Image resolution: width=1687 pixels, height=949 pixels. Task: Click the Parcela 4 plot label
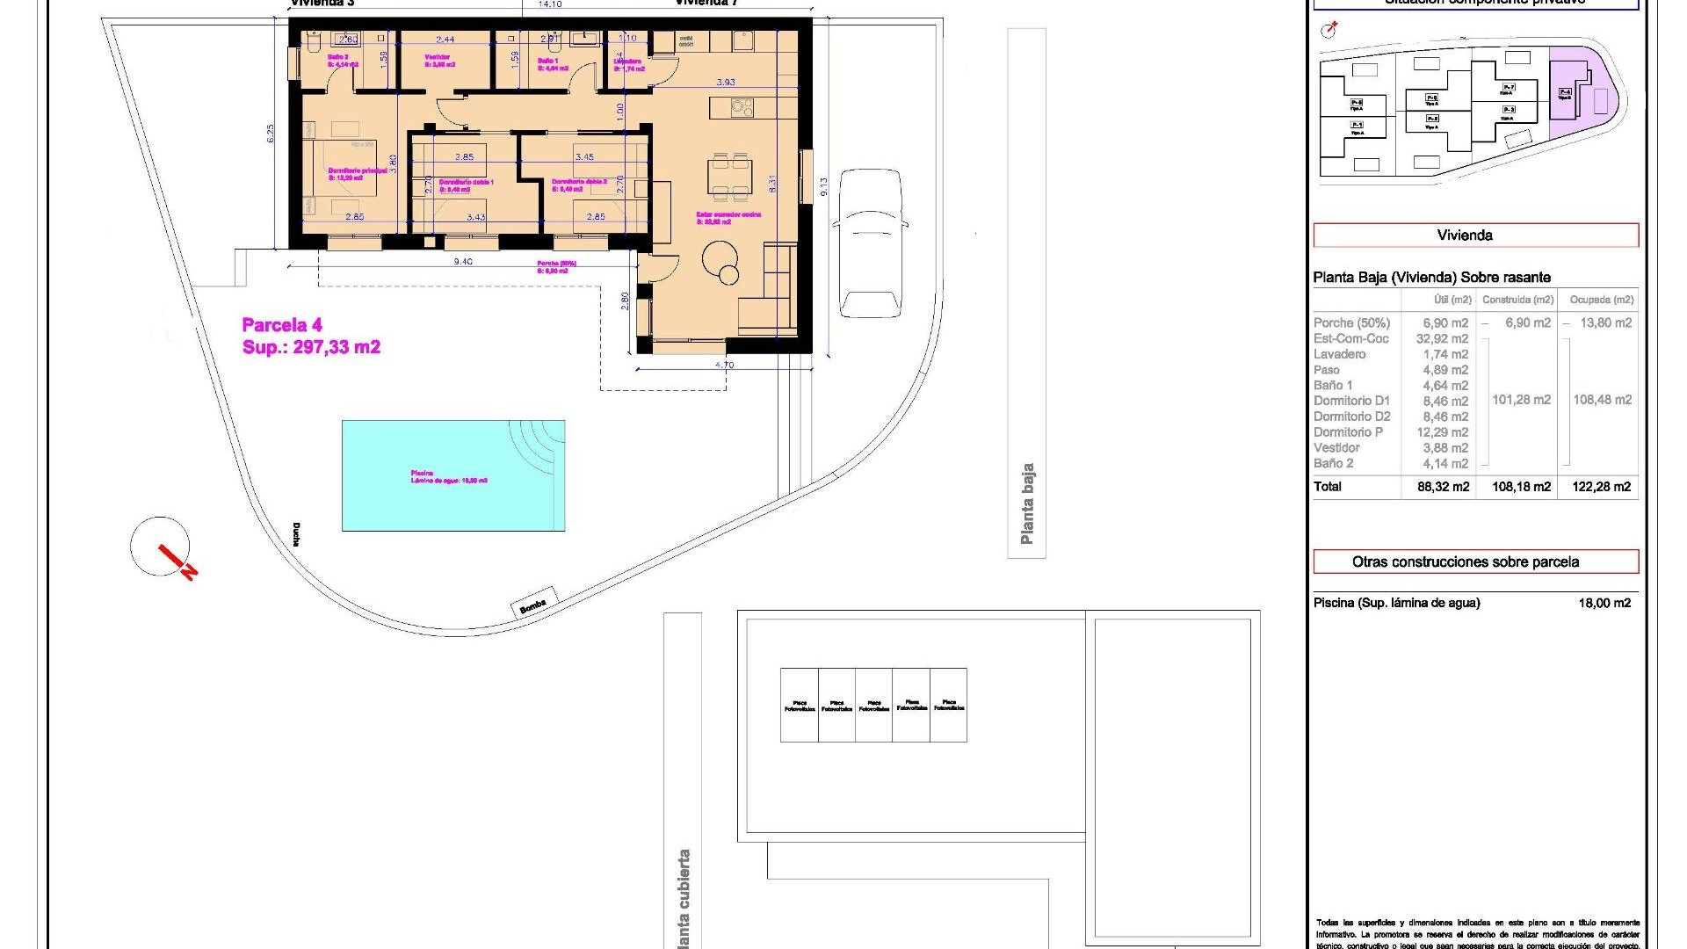(282, 325)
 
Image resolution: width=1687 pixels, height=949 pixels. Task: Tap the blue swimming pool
(453, 475)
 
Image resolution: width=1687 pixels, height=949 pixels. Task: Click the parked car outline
(869, 243)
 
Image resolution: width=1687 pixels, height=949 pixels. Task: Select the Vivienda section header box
(1475, 235)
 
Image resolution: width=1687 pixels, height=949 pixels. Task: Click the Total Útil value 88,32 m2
(1443, 487)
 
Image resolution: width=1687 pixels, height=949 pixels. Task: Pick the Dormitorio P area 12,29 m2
(1443, 432)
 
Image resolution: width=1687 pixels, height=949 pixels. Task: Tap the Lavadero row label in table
(1340, 354)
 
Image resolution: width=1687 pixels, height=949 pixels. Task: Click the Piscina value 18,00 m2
(1604, 603)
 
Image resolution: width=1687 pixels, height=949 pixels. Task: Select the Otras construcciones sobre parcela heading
(1475, 561)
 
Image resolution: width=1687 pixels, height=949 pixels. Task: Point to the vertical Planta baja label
(1026, 503)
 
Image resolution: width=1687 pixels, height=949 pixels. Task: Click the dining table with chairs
(729, 176)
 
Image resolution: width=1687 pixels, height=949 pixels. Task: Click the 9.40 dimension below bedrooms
(462, 262)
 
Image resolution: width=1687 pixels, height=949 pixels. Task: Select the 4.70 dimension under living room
(724, 365)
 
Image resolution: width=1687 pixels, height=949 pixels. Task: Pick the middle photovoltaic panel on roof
(873, 705)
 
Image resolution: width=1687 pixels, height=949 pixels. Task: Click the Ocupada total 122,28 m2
(1601, 487)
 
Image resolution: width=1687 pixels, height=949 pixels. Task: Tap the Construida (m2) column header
(1517, 300)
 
